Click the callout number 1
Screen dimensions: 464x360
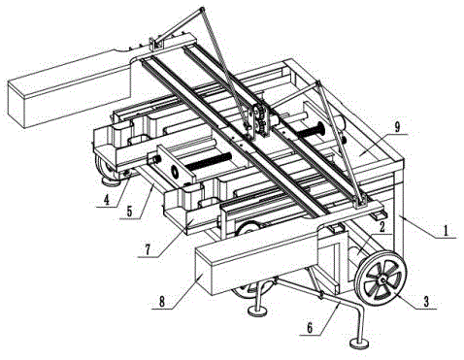point(447,231)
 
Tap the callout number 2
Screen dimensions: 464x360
point(381,227)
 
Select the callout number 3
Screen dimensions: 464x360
point(426,302)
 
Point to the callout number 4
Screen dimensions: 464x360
point(107,200)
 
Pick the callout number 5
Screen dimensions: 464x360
point(129,211)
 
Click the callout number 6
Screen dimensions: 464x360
point(310,328)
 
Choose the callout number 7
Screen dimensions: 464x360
point(148,249)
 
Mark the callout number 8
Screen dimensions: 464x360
point(162,302)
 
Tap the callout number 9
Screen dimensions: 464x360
point(397,127)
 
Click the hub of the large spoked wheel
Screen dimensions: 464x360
point(382,279)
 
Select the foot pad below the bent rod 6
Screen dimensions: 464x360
point(359,344)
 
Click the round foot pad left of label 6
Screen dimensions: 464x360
point(257,311)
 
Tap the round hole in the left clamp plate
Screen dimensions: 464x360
point(175,172)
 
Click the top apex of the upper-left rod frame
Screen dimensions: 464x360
point(202,9)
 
